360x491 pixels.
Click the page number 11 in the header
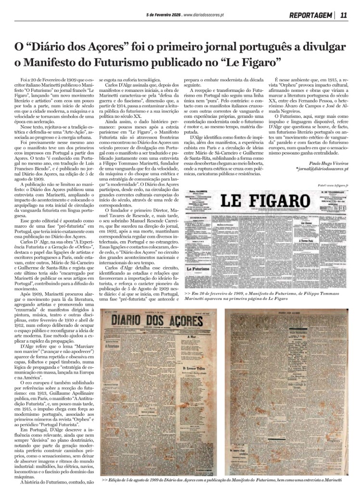pos(343,15)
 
